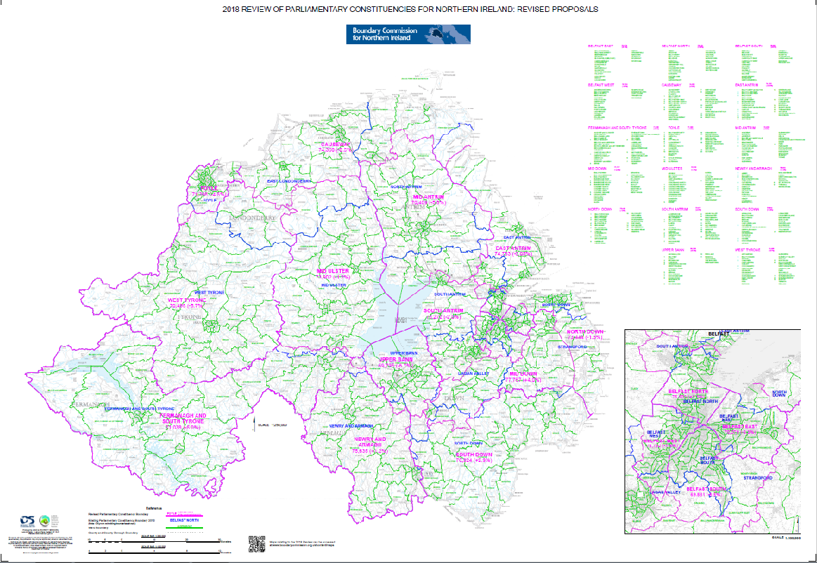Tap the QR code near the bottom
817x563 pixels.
256,544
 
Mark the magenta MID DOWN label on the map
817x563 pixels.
524,373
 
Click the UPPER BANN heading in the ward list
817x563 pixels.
675,249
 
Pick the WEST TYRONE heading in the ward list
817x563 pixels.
749,249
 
